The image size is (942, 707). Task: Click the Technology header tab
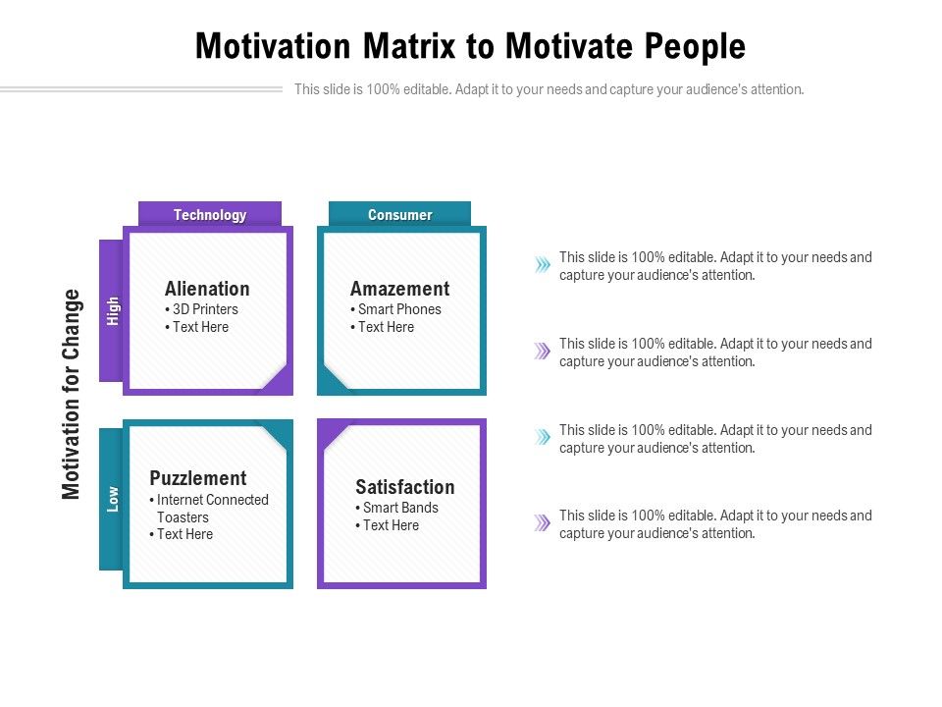coord(210,214)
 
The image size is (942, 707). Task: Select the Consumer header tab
coord(399,214)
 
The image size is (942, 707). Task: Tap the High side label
coord(112,310)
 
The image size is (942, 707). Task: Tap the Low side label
coord(112,499)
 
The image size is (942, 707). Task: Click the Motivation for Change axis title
coord(71,395)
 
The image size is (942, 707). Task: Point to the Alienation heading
coord(207,289)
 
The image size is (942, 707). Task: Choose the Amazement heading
coord(400,289)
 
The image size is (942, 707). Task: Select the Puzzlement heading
coord(198,478)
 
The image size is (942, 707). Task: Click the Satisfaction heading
coord(405,486)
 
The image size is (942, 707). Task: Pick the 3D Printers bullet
coord(202,309)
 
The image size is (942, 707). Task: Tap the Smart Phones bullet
coord(395,309)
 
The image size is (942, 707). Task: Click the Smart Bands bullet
coord(397,508)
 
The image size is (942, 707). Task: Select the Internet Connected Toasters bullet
coord(209,508)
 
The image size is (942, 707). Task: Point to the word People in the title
coord(695,47)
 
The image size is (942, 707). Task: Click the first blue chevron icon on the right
coord(543,264)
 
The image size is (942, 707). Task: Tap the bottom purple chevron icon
coord(543,522)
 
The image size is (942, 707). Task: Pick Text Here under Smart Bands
coord(388,524)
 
